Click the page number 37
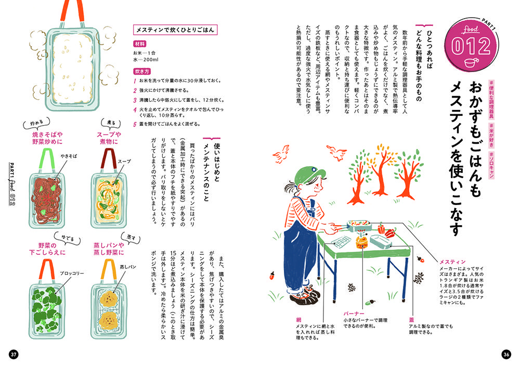pyautogui.click(x=14, y=355)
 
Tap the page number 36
pyautogui.click(x=506, y=355)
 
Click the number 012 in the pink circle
pyautogui.click(x=471, y=46)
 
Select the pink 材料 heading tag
pyautogui.click(x=139, y=44)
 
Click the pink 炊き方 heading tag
pyautogui.click(x=142, y=72)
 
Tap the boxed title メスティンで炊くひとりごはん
pyautogui.click(x=175, y=30)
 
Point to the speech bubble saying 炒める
pyautogui.click(x=37, y=123)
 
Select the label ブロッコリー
pyautogui.click(x=72, y=274)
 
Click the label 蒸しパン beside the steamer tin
pyautogui.click(x=128, y=267)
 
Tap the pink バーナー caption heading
pyautogui.click(x=354, y=314)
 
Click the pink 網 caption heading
pyautogui.click(x=299, y=320)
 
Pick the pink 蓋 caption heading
pyautogui.click(x=411, y=320)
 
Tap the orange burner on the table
pyautogui.click(x=362, y=241)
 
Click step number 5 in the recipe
pyautogui.click(x=135, y=125)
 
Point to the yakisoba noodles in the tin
pyautogui.click(x=47, y=199)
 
